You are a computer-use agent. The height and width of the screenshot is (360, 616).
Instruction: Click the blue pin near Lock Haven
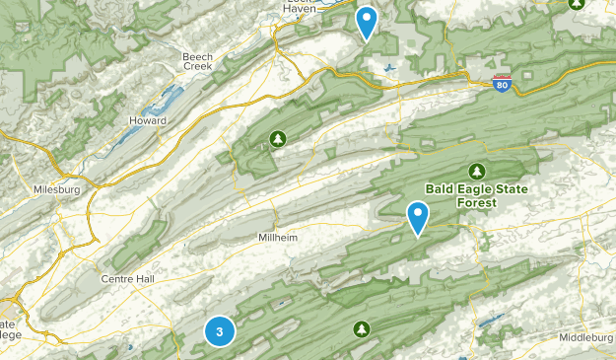[x=367, y=22]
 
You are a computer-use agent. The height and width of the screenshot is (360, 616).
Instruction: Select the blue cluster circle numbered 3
[x=219, y=331]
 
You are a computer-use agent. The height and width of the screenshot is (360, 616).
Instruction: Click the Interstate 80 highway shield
[x=503, y=86]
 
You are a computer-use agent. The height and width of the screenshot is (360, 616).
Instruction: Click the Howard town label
[x=148, y=120]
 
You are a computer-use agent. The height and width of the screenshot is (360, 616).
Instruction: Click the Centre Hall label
[x=129, y=279]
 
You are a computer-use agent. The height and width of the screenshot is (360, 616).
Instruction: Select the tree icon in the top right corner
[x=579, y=4]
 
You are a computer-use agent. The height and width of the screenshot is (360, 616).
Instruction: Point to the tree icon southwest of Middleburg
[x=361, y=327]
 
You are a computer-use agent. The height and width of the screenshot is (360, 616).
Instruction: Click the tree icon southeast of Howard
[x=277, y=137]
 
